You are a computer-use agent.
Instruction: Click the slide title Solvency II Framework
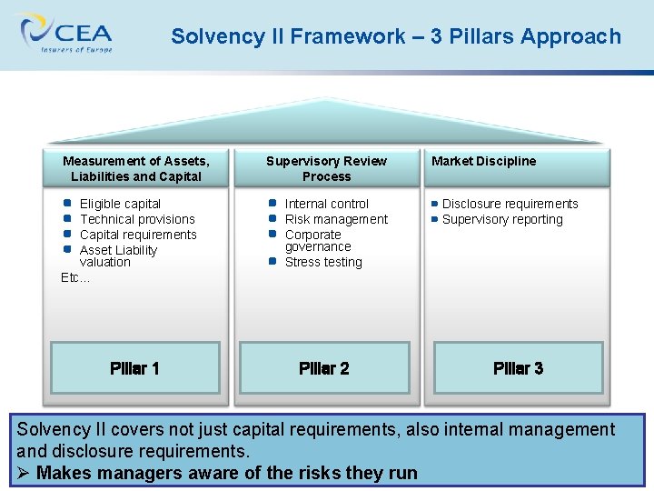click(x=396, y=36)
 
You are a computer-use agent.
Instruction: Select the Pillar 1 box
click(x=134, y=368)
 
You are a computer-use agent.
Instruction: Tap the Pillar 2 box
click(x=324, y=368)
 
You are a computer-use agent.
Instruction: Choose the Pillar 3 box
click(x=518, y=368)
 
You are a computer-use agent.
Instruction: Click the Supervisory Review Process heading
click(x=326, y=168)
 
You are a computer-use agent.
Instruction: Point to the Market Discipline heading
click(x=483, y=161)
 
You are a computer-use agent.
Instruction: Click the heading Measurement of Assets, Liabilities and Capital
click(x=136, y=168)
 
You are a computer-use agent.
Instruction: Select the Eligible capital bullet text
click(x=120, y=204)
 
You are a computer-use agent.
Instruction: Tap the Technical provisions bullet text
click(x=137, y=219)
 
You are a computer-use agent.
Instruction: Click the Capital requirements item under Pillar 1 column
click(x=138, y=235)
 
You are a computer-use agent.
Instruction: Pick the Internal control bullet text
click(x=327, y=204)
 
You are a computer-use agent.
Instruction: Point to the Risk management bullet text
click(x=336, y=219)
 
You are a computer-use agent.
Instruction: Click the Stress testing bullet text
click(x=323, y=262)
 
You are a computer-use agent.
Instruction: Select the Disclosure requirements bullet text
click(x=510, y=204)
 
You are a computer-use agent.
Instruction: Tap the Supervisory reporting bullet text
click(x=502, y=219)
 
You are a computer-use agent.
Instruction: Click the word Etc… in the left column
click(x=75, y=277)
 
